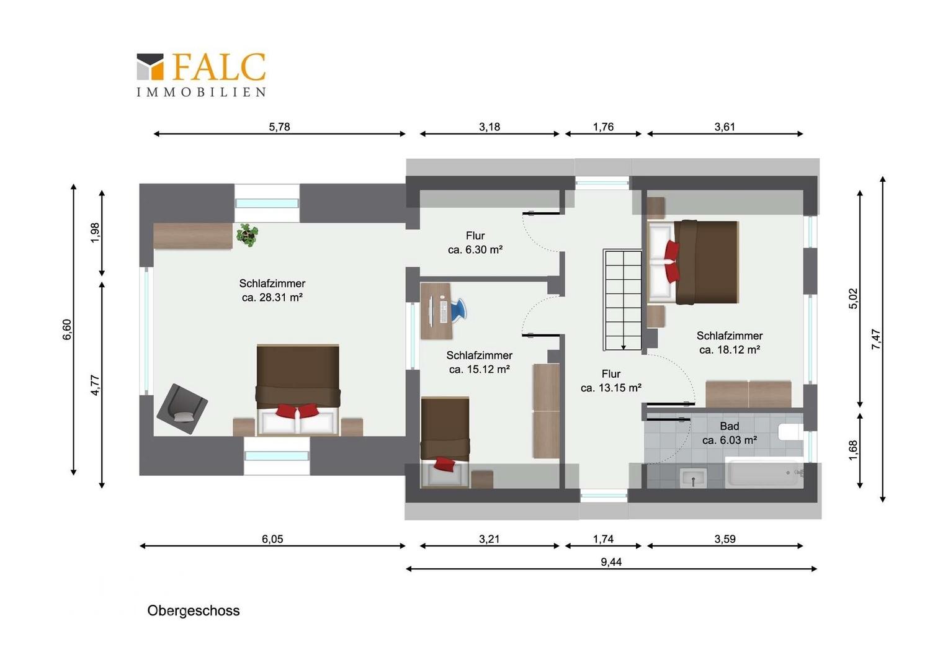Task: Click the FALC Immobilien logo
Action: pyautogui.click(x=201, y=75)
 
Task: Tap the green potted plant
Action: pyautogui.click(x=247, y=235)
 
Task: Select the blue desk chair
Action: pyautogui.click(x=458, y=310)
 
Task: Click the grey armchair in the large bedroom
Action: pyautogui.click(x=182, y=409)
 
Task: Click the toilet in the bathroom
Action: pyautogui.click(x=790, y=432)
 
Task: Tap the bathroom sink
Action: pyautogui.click(x=693, y=478)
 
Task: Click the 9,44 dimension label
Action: pyautogui.click(x=611, y=561)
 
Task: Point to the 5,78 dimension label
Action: pyautogui.click(x=279, y=127)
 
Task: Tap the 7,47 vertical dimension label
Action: pyautogui.click(x=875, y=339)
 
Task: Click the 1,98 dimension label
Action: pyautogui.click(x=95, y=233)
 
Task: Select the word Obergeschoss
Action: pyautogui.click(x=194, y=610)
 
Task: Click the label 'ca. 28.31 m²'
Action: pyautogui.click(x=272, y=298)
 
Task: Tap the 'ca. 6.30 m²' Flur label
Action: pyautogui.click(x=475, y=250)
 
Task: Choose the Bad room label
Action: pyautogui.click(x=729, y=426)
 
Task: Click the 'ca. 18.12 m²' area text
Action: pyautogui.click(x=730, y=350)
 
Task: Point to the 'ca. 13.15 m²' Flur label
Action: pyautogui.click(x=611, y=388)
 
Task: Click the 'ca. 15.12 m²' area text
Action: pyautogui.click(x=479, y=370)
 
